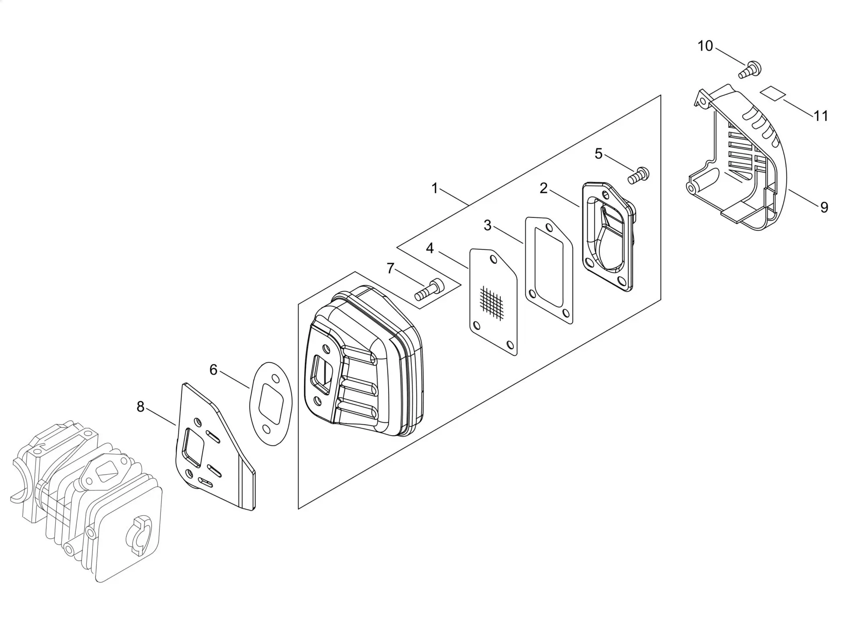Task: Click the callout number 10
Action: click(x=705, y=46)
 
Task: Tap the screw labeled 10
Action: click(x=750, y=70)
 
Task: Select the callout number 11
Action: click(x=821, y=116)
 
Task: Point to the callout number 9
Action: click(x=824, y=207)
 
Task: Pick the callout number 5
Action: click(x=599, y=154)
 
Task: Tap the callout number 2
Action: click(x=544, y=188)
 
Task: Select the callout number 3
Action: click(x=488, y=225)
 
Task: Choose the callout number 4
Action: click(x=430, y=248)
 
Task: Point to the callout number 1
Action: click(x=435, y=189)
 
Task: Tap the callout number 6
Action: click(x=214, y=370)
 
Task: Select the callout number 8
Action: click(x=140, y=407)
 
